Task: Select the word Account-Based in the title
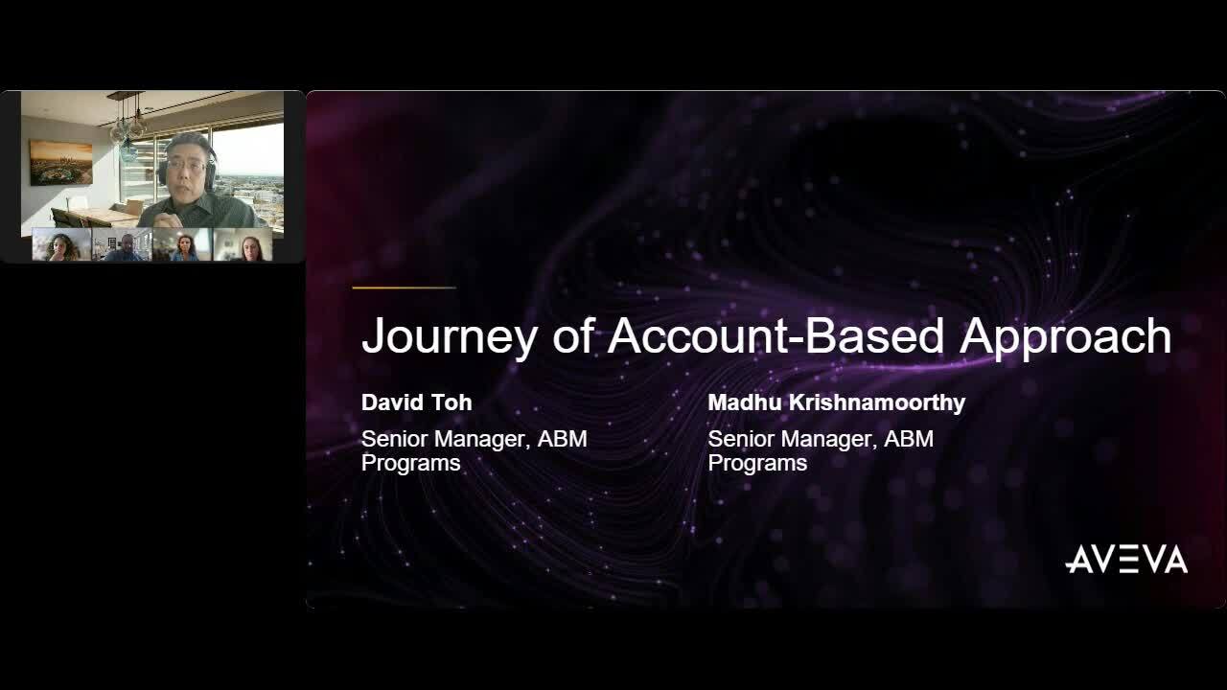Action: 776,335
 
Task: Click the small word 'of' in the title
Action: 573,335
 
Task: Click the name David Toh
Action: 416,402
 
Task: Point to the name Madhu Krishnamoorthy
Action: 837,402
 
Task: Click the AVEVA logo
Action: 1126,559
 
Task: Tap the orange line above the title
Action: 404,287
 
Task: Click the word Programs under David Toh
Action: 411,464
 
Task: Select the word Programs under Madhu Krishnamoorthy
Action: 757,464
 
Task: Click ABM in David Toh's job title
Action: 562,439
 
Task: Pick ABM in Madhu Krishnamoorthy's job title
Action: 909,439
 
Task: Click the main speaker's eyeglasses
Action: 185,165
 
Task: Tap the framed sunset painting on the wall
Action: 60,163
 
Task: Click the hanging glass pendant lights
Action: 128,129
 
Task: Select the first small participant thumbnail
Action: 61,244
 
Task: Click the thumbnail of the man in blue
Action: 122,244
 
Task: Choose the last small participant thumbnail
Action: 243,244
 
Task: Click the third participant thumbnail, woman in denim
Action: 182,244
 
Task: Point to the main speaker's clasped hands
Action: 168,219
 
